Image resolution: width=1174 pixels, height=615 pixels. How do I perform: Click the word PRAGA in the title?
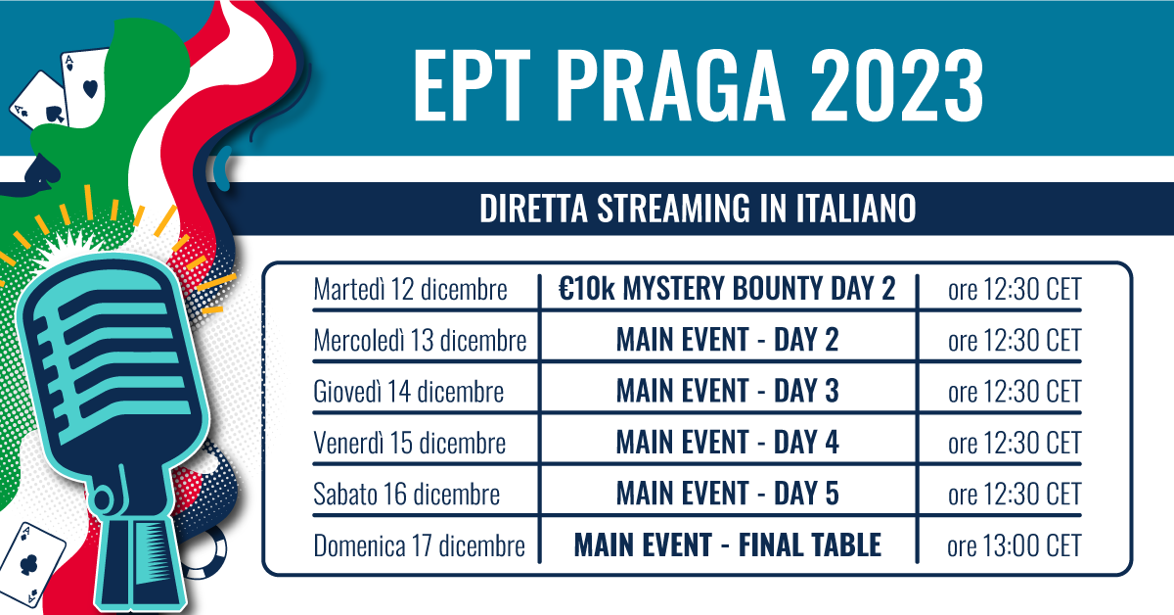[671, 85]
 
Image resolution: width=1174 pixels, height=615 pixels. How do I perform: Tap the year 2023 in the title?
[897, 85]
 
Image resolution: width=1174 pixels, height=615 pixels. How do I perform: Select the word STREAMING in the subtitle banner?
[673, 209]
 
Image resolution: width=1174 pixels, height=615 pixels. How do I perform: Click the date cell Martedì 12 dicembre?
[410, 290]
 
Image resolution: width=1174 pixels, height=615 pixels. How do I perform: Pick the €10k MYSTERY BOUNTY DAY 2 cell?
[726, 289]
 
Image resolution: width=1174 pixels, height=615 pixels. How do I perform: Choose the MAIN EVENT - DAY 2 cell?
[728, 340]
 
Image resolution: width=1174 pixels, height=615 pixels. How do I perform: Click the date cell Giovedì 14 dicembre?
[409, 392]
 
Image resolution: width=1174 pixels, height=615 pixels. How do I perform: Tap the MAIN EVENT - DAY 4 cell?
[728, 442]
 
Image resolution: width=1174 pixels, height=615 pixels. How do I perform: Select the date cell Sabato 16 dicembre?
[407, 495]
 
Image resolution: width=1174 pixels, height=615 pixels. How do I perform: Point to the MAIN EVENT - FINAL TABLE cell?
[728, 544]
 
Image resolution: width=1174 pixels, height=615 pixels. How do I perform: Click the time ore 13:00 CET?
[1015, 545]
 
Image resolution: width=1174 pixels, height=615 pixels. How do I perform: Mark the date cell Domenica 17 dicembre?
[420, 545]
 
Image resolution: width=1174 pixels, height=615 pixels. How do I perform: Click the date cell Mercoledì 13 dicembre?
[420, 341]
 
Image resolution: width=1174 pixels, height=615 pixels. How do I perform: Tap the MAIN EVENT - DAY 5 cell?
[728, 494]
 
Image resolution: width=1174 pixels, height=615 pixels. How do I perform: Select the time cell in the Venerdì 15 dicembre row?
[1015, 443]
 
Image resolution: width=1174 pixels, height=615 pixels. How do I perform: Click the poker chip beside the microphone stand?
[207, 553]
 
